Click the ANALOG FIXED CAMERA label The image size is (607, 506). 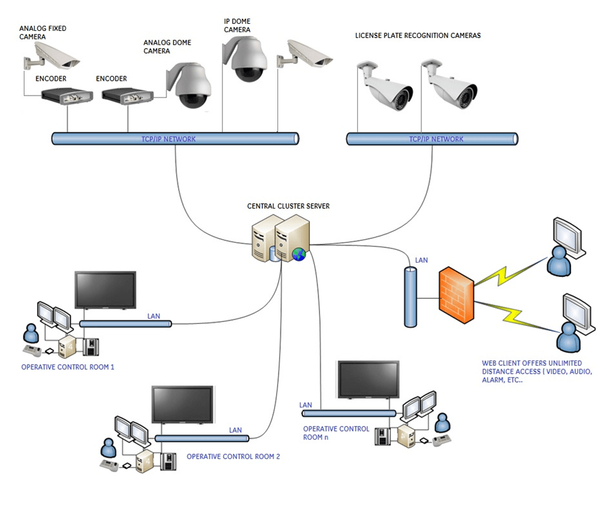(43, 32)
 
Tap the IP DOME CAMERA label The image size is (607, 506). (237, 25)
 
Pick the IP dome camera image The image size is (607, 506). (245, 59)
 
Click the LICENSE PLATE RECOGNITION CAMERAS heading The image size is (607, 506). (418, 36)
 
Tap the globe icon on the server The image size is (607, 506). (299, 254)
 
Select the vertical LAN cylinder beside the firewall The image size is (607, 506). (410, 297)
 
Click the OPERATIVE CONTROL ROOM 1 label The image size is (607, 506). (68, 367)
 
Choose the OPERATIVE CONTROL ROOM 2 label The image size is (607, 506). (234, 456)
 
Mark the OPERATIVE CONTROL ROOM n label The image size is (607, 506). (336, 432)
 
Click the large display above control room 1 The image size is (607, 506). (105, 290)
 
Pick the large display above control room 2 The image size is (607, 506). (183, 405)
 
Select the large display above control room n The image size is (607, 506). (369, 379)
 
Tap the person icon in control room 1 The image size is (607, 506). (30, 333)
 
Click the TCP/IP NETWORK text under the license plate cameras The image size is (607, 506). (436, 139)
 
